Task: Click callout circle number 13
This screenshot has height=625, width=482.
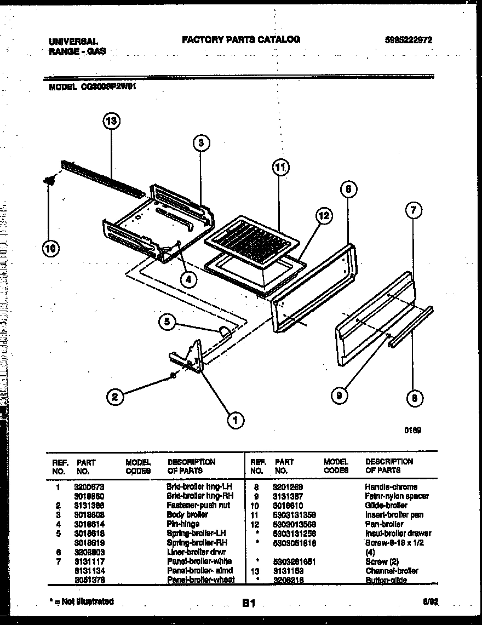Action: (x=111, y=122)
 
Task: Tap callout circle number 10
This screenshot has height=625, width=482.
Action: (x=50, y=249)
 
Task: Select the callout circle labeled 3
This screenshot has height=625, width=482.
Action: (x=201, y=143)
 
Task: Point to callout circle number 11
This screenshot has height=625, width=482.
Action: (x=280, y=168)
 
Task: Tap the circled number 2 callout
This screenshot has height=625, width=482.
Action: (x=114, y=397)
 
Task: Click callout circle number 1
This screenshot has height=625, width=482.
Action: (x=236, y=420)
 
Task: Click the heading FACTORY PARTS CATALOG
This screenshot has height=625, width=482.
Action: (x=240, y=39)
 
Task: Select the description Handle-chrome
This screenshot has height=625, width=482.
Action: (x=391, y=486)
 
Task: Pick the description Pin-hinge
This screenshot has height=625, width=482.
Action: (x=183, y=524)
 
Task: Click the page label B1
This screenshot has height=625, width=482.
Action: (x=249, y=603)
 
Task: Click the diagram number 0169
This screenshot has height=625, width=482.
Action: (x=412, y=431)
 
